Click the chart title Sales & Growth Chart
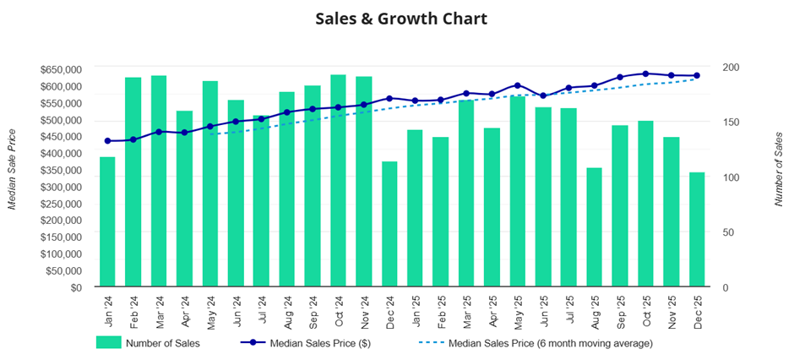pyautogui.click(x=401, y=18)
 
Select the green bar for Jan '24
pyautogui.click(x=107, y=222)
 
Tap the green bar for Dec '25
pyautogui.click(x=697, y=230)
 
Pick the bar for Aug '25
pyautogui.click(x=595, y=227)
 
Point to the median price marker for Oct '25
pyautogui.click(x=646, y=74)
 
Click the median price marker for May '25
pyautogui.click(x=518, y=85)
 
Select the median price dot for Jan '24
pyautogui.click(x=107, y=141)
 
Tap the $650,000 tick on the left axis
pyautogui.click(x=61, y=69)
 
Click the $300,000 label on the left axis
pyautogui.click(x=61, y=187)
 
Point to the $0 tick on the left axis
pyautogui.click(x=74, y=287)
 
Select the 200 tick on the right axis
pyautogui.click(x=731, y=68)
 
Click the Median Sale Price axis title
pyautogui.click(x=13, y=170)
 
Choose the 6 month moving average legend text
pyautogui.click(x=549, y=343)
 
